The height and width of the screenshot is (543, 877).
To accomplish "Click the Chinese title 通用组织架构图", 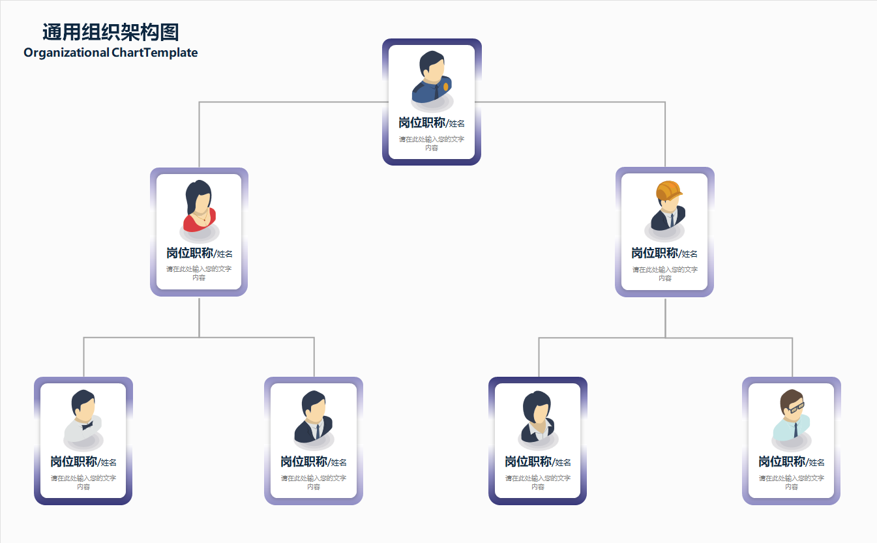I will pos(110,32).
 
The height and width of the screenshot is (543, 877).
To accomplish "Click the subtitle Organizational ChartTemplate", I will pos(110,53).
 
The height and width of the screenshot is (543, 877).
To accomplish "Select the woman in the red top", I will pos(199,207).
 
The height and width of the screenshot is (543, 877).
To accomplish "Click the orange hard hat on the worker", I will pos(668,191).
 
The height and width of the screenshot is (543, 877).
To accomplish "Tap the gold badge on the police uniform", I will pos(446,86).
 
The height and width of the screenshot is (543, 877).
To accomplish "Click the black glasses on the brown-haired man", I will pos(796,407).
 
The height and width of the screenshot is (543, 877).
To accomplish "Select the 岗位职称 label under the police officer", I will pos(422,123).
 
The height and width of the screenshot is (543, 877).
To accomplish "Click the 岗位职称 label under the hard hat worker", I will pos(655,253).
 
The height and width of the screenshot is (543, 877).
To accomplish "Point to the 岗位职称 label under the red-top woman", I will pos(190,253).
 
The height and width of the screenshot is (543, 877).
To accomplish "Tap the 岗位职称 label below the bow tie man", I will pos(74,462).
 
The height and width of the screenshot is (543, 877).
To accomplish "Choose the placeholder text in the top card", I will pos(431,143).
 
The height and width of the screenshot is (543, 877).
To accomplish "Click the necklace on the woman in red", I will pos(204,218).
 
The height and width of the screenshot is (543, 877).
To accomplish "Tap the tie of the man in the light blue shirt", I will pos(795,430).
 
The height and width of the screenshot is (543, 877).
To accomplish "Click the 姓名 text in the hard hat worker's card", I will pos(690,254).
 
